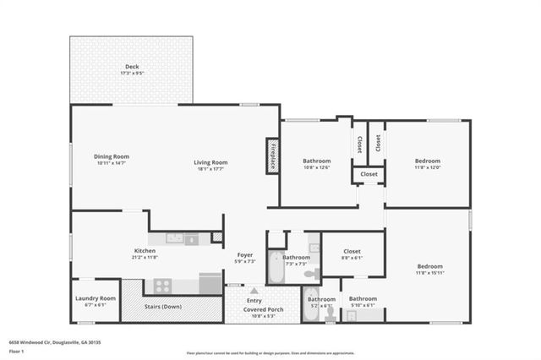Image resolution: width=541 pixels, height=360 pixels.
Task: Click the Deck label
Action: point(132,66)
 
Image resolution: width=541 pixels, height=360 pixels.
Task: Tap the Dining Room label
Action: point(112,156)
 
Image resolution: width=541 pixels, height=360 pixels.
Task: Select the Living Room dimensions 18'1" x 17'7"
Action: point(211,169)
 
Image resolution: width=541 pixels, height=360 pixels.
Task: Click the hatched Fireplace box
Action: point(273,156)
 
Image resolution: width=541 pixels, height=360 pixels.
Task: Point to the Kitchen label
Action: point(145,250)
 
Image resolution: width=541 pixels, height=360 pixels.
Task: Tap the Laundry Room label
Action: point(95,298)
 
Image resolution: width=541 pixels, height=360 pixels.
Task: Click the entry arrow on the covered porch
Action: point(254,290)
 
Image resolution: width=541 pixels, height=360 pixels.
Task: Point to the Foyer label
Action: point(245,254)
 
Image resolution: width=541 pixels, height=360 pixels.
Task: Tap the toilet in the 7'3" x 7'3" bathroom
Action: point(310,274)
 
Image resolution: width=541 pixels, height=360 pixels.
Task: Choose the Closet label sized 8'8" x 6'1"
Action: point(352,251)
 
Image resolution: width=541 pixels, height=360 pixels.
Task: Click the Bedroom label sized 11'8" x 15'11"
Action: point(429,267)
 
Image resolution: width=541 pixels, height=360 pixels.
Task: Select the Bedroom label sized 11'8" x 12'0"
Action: point(427,161)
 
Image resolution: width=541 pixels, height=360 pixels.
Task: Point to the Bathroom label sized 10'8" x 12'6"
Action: point(317,161)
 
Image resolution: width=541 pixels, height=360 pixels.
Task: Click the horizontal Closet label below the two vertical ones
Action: point(369,175)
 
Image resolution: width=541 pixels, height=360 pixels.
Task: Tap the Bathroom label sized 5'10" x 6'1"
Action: point(363,298)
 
